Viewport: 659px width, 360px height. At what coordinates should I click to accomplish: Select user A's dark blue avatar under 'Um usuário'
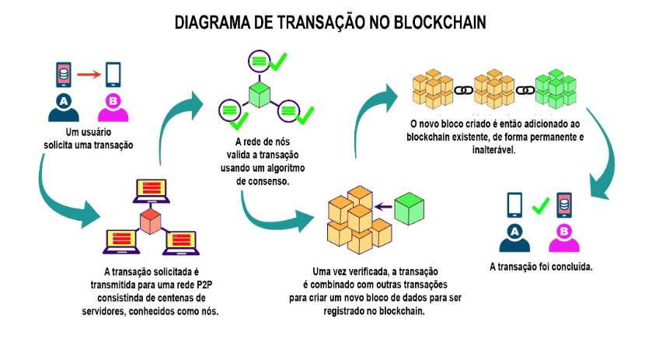(x=64, y=107)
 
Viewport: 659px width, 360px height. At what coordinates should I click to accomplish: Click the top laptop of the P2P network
(x=149, y=190)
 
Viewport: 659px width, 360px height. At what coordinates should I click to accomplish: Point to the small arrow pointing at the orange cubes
(x=382, y=207)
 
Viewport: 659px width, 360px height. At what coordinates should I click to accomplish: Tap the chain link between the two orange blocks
(x=464, y=90)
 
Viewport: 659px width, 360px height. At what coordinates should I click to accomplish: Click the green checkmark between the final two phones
(x=540, y=206)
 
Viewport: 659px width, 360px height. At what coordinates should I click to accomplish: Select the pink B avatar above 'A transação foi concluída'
(x=563, y=236)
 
